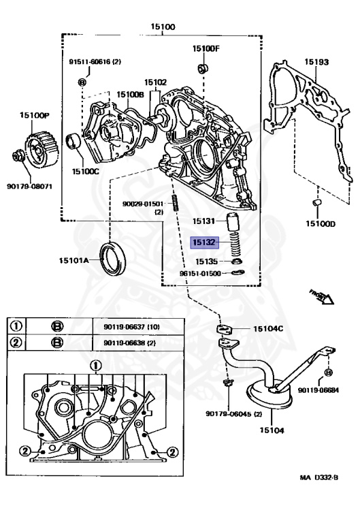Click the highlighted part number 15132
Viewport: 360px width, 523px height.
tap(204, 241)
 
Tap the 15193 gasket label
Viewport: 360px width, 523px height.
tap(316, 62)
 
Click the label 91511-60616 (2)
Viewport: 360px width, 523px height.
tap(95, 62)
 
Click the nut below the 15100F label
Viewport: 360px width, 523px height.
tap(202, 68)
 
